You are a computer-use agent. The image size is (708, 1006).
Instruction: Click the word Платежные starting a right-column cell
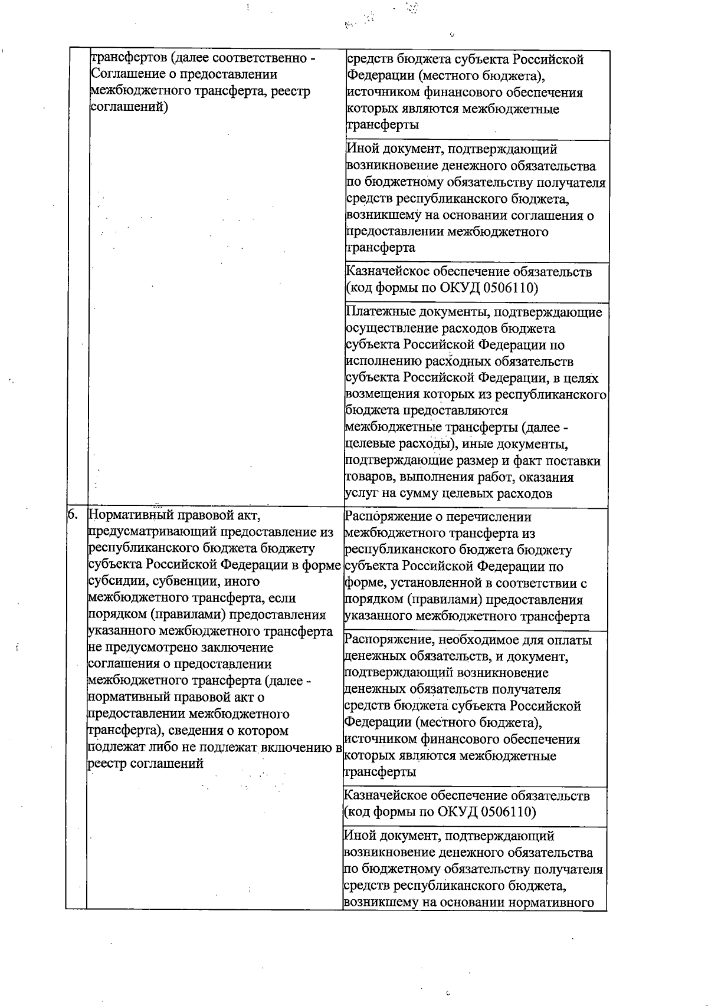point(374,312)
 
